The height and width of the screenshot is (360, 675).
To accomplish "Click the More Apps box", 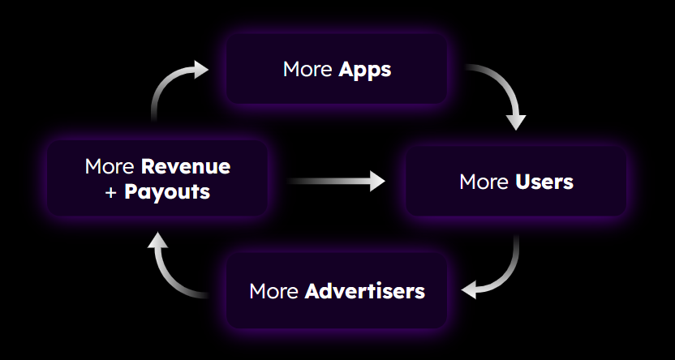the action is (x=337, y=69).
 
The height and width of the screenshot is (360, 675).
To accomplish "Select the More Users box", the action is (x=516, y=182).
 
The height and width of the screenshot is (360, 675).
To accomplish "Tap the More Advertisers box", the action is (x=337, y=291).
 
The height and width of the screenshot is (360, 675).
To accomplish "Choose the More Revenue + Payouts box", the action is (x=157, y=178).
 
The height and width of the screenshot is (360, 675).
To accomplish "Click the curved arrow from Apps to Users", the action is (x=507, y=85).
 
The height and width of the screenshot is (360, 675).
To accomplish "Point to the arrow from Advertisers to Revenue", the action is (x=164, y=275).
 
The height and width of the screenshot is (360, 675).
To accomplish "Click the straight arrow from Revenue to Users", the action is (x=336, y=181).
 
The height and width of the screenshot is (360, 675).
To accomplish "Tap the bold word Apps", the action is (x=364, y=70).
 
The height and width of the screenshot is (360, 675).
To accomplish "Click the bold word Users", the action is (x=544, y=182).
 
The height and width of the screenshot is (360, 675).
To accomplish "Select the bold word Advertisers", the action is (x=364, y=291).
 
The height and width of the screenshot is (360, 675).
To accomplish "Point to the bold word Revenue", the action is (x=186, y=166).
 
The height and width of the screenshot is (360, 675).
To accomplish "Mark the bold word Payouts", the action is (x=167, y=192).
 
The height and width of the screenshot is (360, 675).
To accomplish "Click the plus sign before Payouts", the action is (x=110, y=193).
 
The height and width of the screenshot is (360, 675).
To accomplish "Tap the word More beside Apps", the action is (x=307, y=69).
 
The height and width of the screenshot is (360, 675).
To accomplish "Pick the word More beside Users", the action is (x=484, y=182).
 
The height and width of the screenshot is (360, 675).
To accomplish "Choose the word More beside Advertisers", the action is (x=273, y=291).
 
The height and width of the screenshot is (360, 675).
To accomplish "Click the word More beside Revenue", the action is (x=110, y=166).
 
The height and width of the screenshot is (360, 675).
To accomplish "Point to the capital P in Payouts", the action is (x=130, y=191).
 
